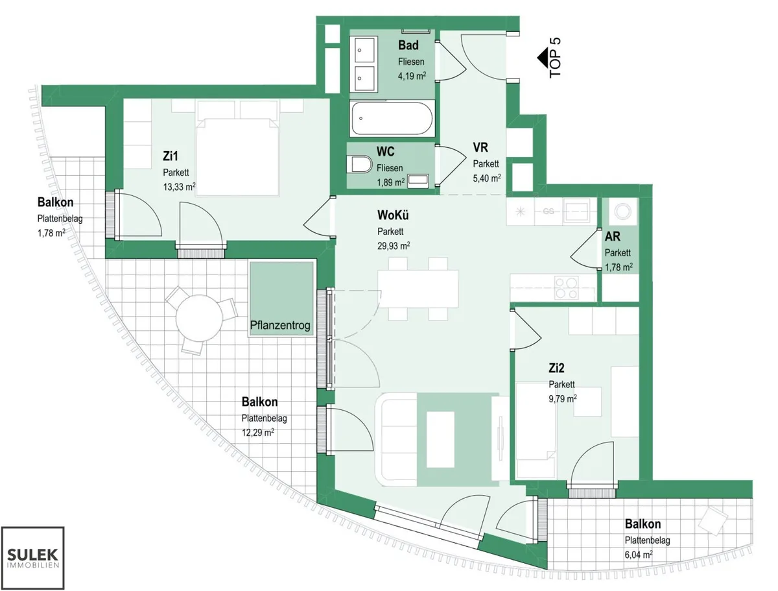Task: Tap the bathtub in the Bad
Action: coord(392,119)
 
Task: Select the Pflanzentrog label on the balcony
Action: coord(280,325)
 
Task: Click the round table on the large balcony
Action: coord(199,318)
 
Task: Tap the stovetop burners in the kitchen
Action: coord(566,288)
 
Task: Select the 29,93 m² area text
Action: coord(394,246)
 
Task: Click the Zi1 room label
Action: coord(170,156)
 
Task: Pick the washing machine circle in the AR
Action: coord(622,211)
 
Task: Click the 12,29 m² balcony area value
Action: coord(257,433)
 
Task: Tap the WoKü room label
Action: coord(393,215)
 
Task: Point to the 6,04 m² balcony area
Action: coord(639,555)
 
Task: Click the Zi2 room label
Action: coord(556,368)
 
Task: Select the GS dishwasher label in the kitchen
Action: coord(548,211)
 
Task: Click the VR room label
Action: coord(480,147)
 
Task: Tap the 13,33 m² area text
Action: coord(180,187)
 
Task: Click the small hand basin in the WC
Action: coord(418,181)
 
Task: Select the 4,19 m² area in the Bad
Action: coord(412,76)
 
